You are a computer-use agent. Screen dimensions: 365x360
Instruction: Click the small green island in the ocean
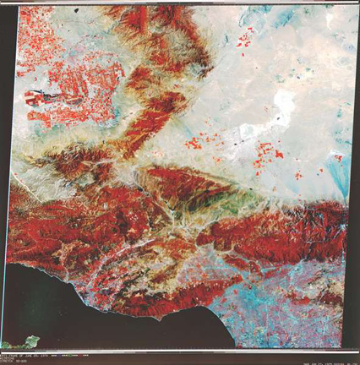click(x=32, y=341)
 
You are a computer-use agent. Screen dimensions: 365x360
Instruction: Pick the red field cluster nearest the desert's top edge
click(x=245, y=38)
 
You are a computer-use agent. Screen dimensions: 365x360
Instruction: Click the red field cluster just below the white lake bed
click(x=269, y=154)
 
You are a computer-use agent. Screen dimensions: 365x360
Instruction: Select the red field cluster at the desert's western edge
click(x=194, y=142)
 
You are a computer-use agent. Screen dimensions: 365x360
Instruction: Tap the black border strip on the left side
click(x=4, y=169)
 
